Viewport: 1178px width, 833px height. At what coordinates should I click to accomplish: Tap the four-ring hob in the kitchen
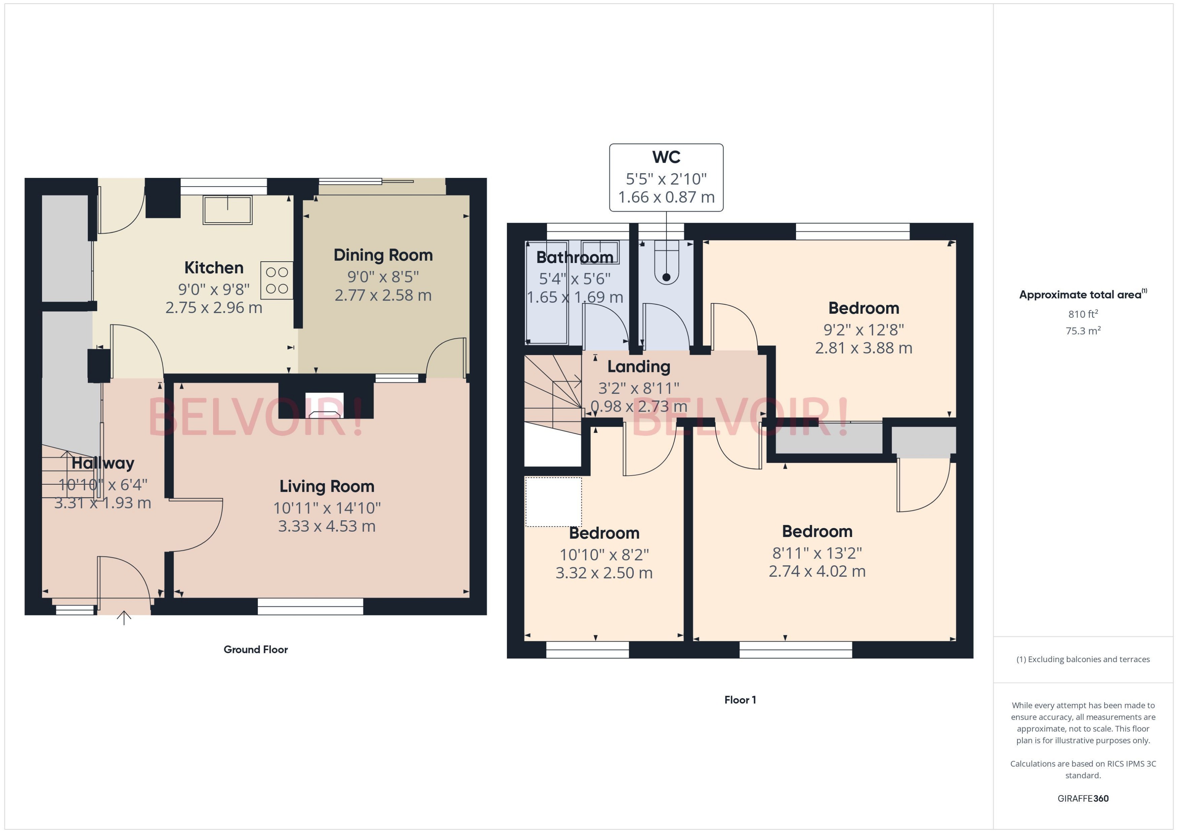coord(277,280)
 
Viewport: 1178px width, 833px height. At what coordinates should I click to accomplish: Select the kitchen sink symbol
coord(228,210)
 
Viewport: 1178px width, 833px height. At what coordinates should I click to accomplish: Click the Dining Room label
coord(383,255)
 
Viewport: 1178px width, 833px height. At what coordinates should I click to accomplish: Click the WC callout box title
coord(666,157)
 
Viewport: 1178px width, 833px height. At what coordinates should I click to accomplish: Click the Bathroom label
coord(575,257)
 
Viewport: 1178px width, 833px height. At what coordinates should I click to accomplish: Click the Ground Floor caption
coord(255,649)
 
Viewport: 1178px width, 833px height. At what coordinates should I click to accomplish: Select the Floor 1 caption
coord(740,699)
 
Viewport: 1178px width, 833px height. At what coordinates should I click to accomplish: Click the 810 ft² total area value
coord(1083,314)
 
